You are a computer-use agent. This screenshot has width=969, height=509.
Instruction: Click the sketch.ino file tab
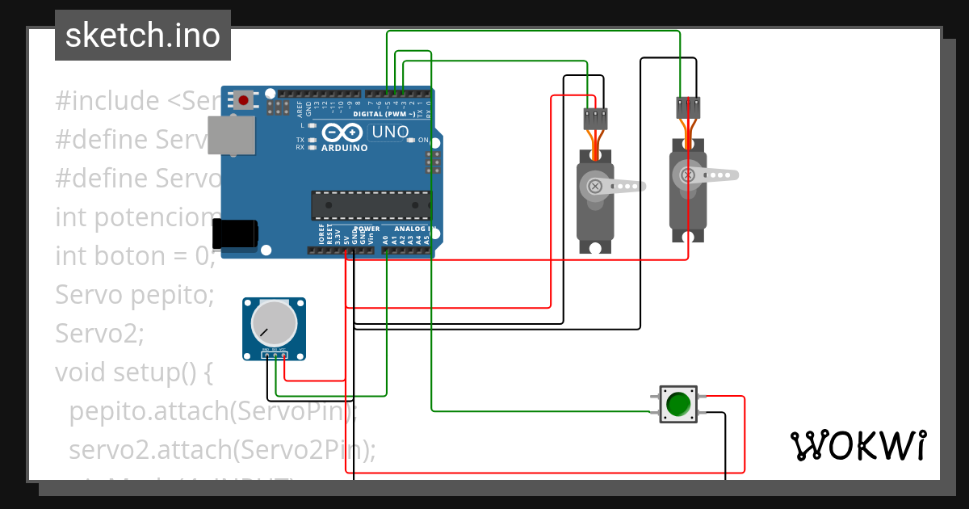click(143, 36)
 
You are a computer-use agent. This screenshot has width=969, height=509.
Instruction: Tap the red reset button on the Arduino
click(243, 100)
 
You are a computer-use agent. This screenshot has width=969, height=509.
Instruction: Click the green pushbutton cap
click(678, 403)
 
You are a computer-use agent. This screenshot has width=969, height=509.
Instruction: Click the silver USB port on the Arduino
click(231, 134)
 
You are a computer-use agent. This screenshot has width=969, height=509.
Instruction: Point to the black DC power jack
click(234, 234)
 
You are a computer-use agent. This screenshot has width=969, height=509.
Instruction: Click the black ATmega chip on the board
click(371, 205)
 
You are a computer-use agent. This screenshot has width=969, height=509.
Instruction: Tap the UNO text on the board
click(390, 132)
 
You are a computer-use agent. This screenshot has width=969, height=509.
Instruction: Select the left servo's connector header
click(595, 119)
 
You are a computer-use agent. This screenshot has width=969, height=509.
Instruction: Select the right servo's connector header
click(688, 107)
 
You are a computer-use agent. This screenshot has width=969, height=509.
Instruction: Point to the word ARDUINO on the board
click(344, 148)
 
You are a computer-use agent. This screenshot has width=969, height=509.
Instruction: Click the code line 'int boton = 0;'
click(135, 256)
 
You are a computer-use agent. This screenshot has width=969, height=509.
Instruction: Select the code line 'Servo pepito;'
click(134, 295)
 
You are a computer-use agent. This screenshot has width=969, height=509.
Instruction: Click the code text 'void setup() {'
click(133, 372)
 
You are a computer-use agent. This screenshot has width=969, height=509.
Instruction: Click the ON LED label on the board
click(422, 140)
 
